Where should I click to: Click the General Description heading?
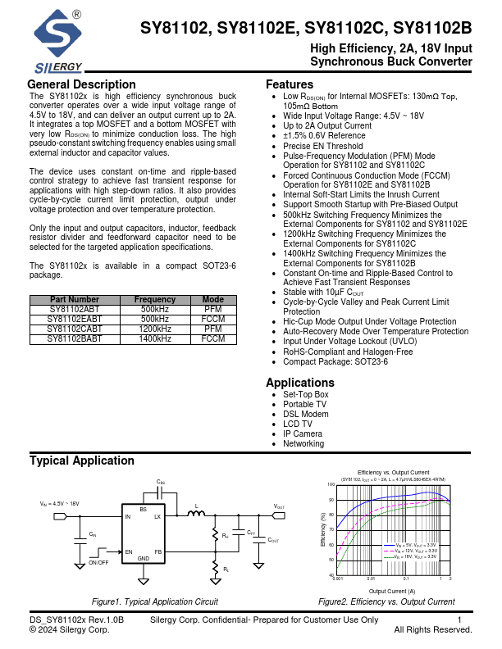(x=81, y=85)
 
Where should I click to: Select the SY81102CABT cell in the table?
(x=75, y=328)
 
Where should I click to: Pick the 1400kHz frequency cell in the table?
(x=155, y=338)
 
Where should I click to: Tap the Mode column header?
(x=212, y=300)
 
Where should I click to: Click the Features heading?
(x=289, y=85)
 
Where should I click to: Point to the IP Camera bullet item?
(x=303, y=433)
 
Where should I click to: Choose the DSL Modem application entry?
(x=305, y=414)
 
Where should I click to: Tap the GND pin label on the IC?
(x=143, y=559)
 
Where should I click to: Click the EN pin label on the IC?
(x=128, y=552)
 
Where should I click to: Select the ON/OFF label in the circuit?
(x=98, y=563)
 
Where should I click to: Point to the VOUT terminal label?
(x=279, y=507)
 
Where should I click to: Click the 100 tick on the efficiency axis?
(x=331, y=484)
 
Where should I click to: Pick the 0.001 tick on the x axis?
(x=338, y=579)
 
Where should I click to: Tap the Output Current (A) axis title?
(x=392, y=591)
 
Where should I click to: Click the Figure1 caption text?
(x=155, y=601)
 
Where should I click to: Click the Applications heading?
(x=300, y=383)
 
